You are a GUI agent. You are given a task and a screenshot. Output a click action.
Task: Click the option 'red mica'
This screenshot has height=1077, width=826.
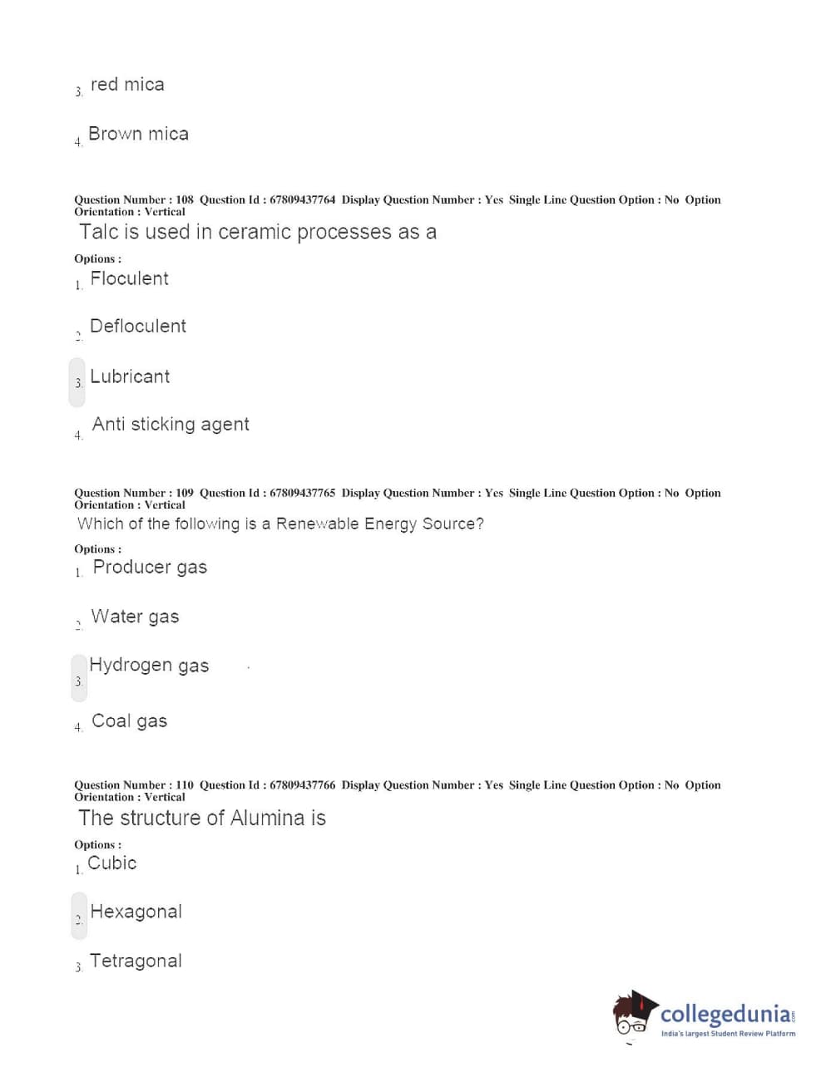(x=126, y=85)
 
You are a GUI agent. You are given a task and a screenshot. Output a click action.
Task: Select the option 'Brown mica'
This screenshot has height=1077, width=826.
(x=138, y=134)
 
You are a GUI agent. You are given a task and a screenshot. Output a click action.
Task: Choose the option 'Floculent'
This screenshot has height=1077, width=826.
(x=129, y=278)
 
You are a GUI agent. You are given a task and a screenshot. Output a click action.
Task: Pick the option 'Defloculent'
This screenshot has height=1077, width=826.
(x=137, y=326)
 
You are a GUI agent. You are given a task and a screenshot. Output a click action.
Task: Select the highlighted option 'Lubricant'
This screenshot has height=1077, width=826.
(x=129, y=376)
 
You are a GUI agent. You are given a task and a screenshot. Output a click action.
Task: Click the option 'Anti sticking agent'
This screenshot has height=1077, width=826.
(x=171, y=425)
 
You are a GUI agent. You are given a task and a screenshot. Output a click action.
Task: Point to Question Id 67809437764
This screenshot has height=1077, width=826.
(x=302, y=199)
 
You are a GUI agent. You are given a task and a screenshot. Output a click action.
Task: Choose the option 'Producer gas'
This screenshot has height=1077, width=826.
(x=150, y=567)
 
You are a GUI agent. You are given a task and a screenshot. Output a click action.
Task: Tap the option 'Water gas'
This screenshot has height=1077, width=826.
(x=135, y=617)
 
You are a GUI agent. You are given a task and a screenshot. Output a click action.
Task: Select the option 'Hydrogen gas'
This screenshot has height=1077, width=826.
(x=149, y=666)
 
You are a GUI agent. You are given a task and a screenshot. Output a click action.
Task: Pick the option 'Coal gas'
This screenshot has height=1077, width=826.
(x=129, y=720)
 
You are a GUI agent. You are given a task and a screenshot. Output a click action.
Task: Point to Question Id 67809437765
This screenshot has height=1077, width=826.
(x=302, y=493)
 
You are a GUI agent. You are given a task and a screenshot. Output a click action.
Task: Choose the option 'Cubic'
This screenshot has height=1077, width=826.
(x=112, y=863)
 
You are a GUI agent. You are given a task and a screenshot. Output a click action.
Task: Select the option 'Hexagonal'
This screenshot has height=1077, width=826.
(x=136, y=912)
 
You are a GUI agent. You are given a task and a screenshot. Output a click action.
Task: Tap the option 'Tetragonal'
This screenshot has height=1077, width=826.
(x=136, y=961)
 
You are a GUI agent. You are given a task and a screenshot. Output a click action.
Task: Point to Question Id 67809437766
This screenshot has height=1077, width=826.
(x=302, y=784)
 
